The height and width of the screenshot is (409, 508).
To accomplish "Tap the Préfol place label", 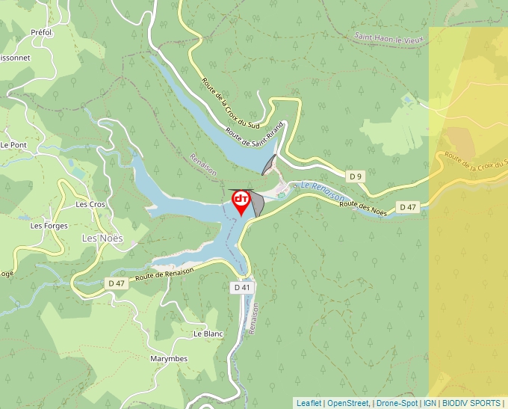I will (41, 33).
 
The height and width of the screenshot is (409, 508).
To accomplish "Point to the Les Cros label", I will (91, 204).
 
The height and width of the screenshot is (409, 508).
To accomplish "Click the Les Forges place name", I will (49, 226).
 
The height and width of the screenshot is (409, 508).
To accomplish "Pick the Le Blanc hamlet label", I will (208, 333).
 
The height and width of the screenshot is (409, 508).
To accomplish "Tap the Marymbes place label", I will (168, 359).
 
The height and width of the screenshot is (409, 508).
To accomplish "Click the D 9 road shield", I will (356, 176).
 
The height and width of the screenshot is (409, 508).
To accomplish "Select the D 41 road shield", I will (241, 287).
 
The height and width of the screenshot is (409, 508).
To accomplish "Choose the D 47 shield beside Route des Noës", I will (407, 207).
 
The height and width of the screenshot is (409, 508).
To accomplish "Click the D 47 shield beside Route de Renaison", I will (117, 283).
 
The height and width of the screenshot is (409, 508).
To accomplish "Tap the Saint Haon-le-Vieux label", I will (388, 36).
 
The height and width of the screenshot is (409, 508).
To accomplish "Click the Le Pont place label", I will (13, 145).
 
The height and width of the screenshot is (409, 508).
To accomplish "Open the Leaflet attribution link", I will (309, 403).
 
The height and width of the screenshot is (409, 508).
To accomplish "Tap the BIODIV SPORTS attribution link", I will (471, 403).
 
